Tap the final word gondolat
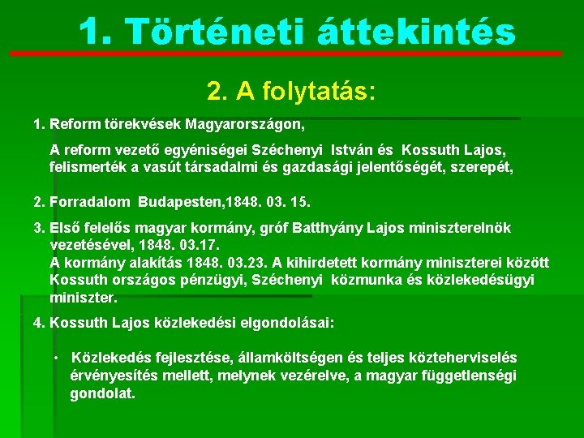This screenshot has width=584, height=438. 102,393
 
